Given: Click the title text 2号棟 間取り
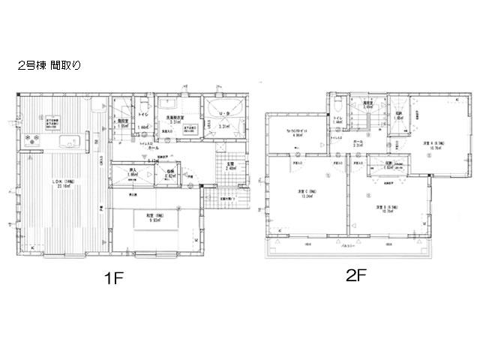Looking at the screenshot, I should point(49,66).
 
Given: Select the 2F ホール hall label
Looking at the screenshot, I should point(358,143).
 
